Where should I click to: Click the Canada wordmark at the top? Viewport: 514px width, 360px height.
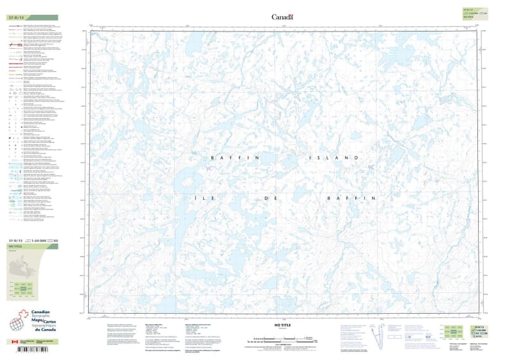click(x=282, y=17)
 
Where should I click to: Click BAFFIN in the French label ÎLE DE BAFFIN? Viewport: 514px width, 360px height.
click(x=351, y=199)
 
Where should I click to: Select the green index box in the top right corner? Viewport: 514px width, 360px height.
click(x=475, y=13)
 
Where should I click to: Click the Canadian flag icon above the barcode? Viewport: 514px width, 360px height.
click(x=14, y=342)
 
